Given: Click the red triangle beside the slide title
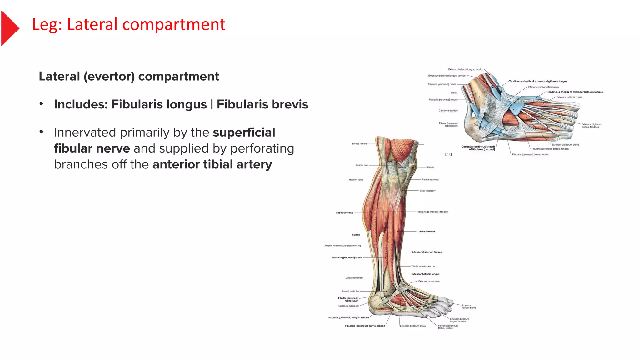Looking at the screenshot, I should point(9,28).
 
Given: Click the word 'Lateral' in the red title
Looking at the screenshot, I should point(92,24).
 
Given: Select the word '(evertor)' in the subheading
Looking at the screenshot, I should point(109,77).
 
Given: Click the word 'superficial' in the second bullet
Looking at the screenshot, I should point(244,132).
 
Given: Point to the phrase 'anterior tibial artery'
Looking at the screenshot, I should point(212,164).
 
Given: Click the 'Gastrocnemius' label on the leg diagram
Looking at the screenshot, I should point(344,213).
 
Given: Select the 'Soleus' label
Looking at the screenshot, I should point(356,235).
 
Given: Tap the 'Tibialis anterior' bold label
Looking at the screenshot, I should point(426,232).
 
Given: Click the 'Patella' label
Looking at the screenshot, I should point(431,167).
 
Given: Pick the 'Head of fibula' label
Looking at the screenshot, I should point(356,180).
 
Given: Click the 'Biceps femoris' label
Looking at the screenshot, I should point(360,144).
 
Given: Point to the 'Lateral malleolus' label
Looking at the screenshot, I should point(351,291).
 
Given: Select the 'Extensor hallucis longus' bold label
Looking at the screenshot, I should point(425,274).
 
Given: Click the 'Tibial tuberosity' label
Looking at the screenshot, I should point(427,191).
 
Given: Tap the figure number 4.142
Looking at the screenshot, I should point(448,155).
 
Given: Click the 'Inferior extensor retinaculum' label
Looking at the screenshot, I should point(543,87).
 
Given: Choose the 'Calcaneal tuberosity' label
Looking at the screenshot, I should point(349,306).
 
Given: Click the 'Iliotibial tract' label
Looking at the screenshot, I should point(362,165).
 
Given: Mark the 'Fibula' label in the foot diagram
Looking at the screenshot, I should point(454,92).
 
